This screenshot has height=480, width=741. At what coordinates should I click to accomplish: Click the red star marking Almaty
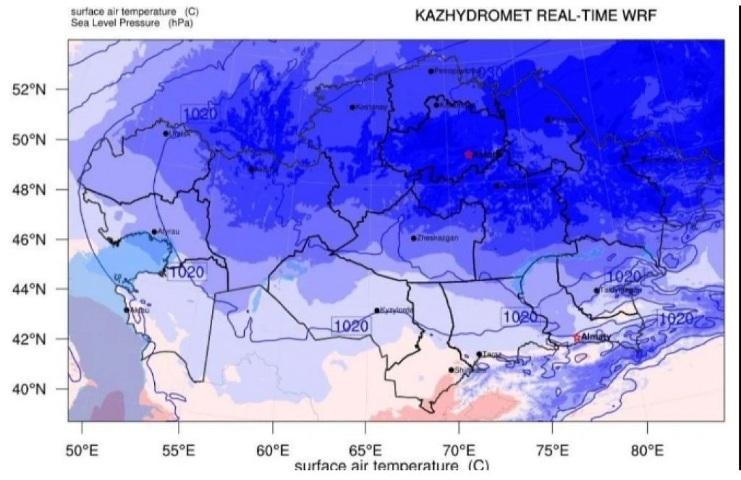coord(576,337)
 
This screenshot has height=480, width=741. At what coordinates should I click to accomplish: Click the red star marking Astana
coord(468,154)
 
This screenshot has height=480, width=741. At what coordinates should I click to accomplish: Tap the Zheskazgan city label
coord(437,238)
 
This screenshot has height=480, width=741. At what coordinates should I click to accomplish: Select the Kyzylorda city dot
coord(377,311)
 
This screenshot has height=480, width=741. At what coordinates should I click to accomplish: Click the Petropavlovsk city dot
coord(431,71)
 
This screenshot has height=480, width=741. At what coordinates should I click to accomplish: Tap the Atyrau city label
coord(168,232)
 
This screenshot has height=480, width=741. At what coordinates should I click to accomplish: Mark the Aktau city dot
coord(127,310)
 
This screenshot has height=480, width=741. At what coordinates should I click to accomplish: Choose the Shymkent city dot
coord(452,370)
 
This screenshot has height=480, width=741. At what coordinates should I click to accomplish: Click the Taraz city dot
coord(479,354)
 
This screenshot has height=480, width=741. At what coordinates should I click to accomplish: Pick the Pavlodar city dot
coord(548,119)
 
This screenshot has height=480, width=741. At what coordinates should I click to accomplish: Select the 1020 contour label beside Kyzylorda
coord(351,326)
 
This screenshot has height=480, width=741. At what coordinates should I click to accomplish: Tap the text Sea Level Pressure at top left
coord(109,22)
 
